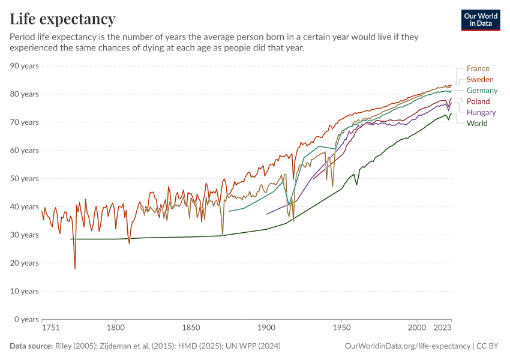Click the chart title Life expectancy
pyautogui.click(x=62, y=19)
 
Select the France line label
pyautogui.click(x=478, y=68)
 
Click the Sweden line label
pyautogui.click(x=480, y=79)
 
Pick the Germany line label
pyautogui.click(x=482, y=91)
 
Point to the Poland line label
pyautogui.click(x=478, y=101)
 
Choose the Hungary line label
pyautogui.click(x=481, y=112)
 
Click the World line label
pyautogui.click(x=477, y=124)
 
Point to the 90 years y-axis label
pyautogui.click(x=25, y=66)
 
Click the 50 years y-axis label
pyautogui.click(x=25, y=179)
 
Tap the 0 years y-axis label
pyautogui.click(x=26, y=319)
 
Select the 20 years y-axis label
pyautogui.click(x=25, y=263)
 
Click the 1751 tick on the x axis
pyautogui.click(x=50, y=329)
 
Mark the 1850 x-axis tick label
pyautogui.click(x=191, y=329)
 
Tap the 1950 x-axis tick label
pyautogui.click(x=341, y=329)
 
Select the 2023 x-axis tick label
pyautogui.click(x=442, y=329)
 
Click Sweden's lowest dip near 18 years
pyautogui.click(x=75, y=268)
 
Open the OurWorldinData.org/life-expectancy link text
pyautogui.click(x=408, y=346)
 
